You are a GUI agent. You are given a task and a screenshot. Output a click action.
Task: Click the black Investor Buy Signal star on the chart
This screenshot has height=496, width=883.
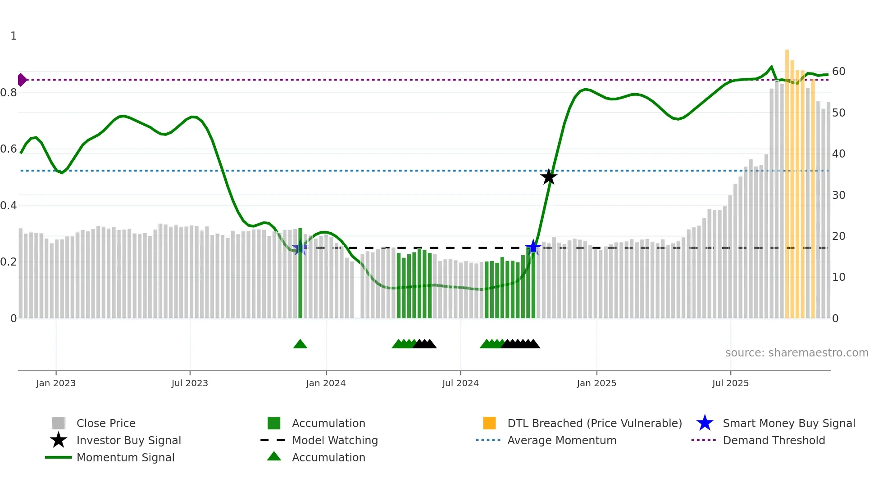click(x=549, y=177)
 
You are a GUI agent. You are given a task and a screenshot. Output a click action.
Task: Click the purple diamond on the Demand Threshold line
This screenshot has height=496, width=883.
click(x=22, y=80)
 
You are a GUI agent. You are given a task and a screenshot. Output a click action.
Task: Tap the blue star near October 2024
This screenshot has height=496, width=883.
click(x=533, y=247)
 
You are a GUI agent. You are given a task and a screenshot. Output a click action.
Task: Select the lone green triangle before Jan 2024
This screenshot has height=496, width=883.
click(x=300, y=344)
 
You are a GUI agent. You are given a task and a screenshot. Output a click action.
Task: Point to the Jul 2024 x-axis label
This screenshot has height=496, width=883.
click(x=460, y=383)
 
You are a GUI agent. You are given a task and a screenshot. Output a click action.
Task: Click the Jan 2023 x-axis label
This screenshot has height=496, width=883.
click(x=56, y=383)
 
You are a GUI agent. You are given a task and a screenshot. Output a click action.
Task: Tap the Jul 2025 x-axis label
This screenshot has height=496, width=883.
click(x=730, y=383)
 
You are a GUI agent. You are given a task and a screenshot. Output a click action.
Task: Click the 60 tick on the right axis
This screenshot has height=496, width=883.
click(x=839, y=72)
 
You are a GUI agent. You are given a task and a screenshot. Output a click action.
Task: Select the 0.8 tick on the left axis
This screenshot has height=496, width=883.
click(x=9, y=93)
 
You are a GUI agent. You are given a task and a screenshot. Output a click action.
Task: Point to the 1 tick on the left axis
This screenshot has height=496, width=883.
click(x=14, y=36)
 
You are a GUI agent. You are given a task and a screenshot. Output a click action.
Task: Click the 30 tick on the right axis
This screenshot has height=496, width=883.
click(x=839, y=195)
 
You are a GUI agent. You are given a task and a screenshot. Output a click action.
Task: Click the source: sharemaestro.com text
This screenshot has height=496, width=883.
click(x=797, y=353)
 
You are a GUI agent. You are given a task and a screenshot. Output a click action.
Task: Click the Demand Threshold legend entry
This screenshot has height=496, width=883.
click(x=774, y=441)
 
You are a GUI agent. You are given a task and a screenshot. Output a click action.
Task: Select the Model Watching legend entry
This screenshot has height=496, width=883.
click(x=335, y=441)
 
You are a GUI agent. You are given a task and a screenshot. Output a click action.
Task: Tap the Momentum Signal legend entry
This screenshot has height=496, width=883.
click(x=125, y=458)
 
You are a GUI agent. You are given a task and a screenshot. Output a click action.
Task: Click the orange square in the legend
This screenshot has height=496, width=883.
click(x=489, y=423)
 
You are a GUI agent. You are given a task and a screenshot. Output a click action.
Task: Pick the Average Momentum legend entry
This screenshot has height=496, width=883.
click(x=562, y=441)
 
